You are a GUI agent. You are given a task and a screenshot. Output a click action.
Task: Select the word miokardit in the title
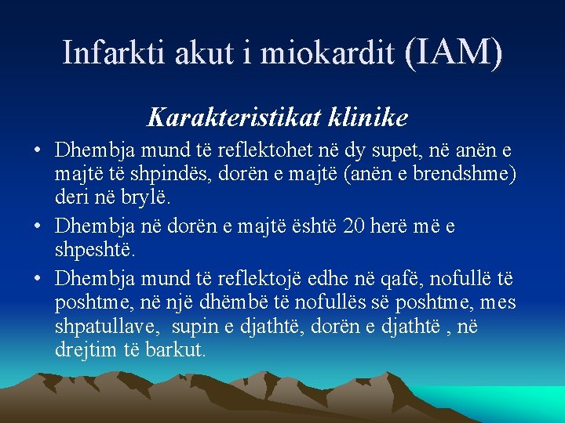pos(326,52)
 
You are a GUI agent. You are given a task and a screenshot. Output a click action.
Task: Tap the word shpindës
pos(152,175)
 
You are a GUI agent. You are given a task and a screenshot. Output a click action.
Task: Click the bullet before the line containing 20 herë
pos(38,227)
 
